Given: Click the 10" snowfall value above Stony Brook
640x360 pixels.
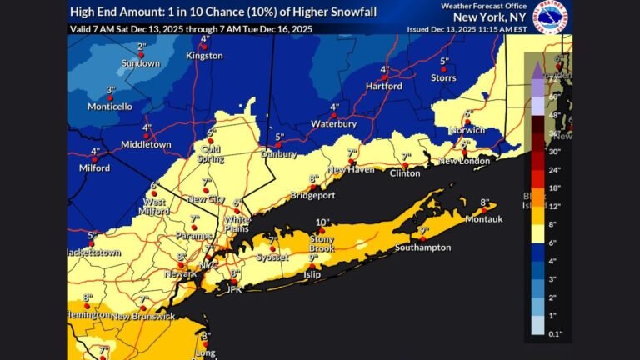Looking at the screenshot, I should (x=322, y=222).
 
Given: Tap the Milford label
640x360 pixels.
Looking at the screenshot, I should (x=94, y=167).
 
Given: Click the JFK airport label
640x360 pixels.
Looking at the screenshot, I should (x=234, y=290).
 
